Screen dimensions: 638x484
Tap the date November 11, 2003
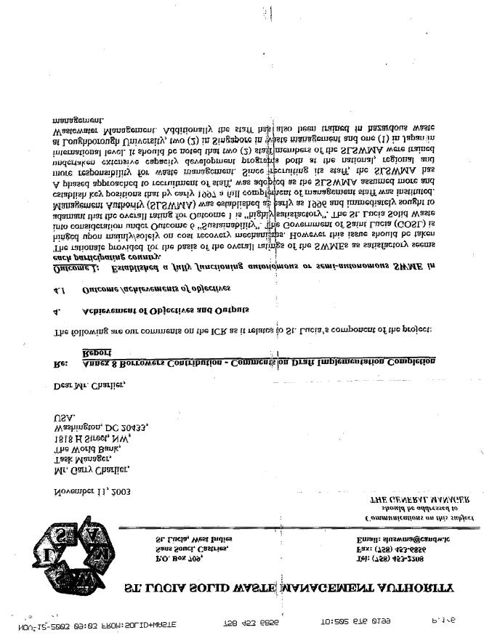(92, 491)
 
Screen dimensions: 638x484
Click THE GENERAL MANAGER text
(420, 500)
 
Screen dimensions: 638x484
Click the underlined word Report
(96, 351)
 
